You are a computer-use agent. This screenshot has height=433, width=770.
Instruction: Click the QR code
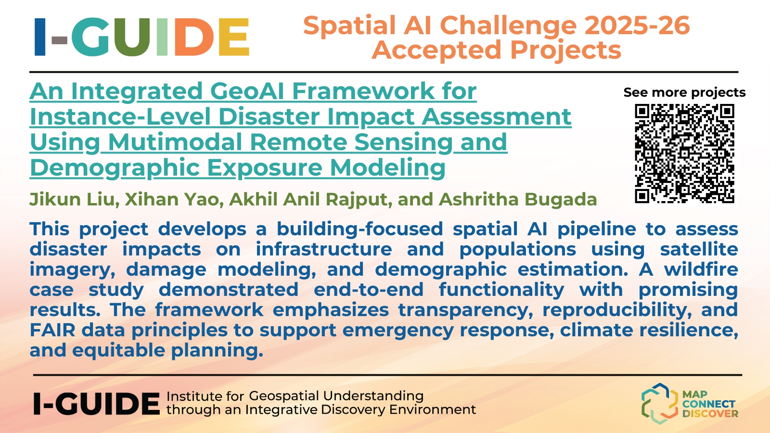tap(684, 153)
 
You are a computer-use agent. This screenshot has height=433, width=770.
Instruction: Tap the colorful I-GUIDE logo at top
tap(142, 37)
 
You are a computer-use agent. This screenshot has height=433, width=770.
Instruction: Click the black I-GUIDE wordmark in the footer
tap(97, 404)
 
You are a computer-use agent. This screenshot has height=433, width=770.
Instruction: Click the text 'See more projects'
tap(684, 92)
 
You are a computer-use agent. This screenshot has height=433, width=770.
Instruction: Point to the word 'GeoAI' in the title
tap(247, 91)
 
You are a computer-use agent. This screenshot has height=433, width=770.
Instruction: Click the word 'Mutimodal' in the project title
tap(175, 142)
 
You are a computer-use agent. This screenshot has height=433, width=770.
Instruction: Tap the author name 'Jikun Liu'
tap(75, 199)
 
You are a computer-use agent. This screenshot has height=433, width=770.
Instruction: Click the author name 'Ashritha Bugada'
tap(518, 199)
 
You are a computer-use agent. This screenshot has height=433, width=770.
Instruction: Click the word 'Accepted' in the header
tap(436, 50)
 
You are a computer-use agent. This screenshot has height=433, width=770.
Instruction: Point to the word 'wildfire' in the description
tap(701, 269)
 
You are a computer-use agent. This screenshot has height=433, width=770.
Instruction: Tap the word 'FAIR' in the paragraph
tap(52, 330)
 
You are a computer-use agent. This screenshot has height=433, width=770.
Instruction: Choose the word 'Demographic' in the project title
tap(115, 168)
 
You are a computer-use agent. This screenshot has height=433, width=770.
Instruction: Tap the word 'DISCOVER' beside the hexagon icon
tap(710, 413)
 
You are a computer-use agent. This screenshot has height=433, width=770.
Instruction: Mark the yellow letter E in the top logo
tap(234, 37)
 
